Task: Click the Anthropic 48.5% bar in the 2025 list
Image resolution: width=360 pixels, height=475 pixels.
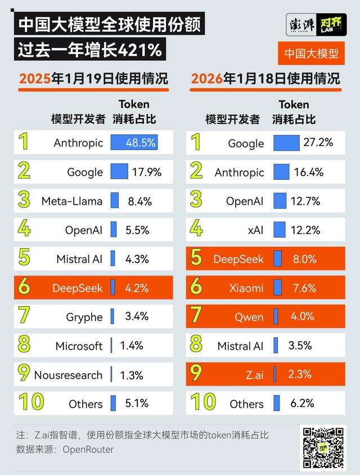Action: pyautogui.click(x=134, y=143)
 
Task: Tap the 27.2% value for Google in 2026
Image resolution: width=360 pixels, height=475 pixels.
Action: pyautogui.click(x=318, y=143)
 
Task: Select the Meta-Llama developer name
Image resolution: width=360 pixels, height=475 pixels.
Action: pyautogui.click(x=72, y=201)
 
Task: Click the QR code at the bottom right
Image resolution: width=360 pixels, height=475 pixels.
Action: pyautogui.click(x=324, y=448)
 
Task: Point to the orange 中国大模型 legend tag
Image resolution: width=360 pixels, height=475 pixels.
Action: pyautogui.click(x=311, y=53)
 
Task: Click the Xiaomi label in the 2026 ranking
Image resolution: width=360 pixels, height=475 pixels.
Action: pyautogui.click(x=246, y=288)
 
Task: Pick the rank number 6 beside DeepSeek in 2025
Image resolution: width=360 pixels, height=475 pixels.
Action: pyautogui.click(x=24, y=288)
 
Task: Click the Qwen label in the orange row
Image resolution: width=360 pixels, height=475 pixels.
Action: pyautogui.click(x=249, y=317)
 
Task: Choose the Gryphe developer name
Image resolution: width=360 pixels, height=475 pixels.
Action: pyautogui.click(x=84, y=317)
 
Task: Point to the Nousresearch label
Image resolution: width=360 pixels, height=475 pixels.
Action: pyautogui.click(x=69, y=375)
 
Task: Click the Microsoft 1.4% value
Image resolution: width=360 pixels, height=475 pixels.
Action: pyautogui.click(x=132, y=346)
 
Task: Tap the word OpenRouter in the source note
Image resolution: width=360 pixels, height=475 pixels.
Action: pyautogui.click(x=88, y=449)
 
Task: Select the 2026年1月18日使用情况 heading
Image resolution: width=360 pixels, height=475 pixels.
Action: pyautogui.click(x=265, y=78)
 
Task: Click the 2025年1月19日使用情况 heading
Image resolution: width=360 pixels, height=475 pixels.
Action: pyautogui.click(x=93, y=78)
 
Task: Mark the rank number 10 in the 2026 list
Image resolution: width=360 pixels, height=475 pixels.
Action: pyautogui.click(x=203, y=402)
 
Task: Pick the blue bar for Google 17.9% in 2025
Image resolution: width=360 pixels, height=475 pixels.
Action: pyautogui.click(x=119, y=171)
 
